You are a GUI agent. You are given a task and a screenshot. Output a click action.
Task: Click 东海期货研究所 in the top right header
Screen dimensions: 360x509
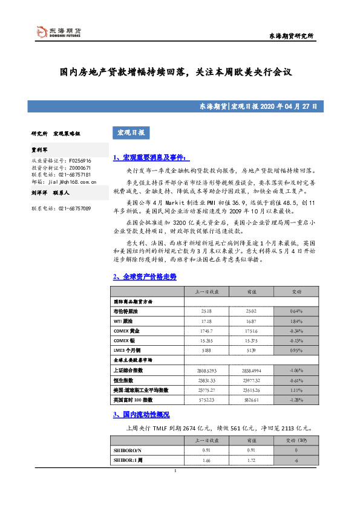coord(292,37)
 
